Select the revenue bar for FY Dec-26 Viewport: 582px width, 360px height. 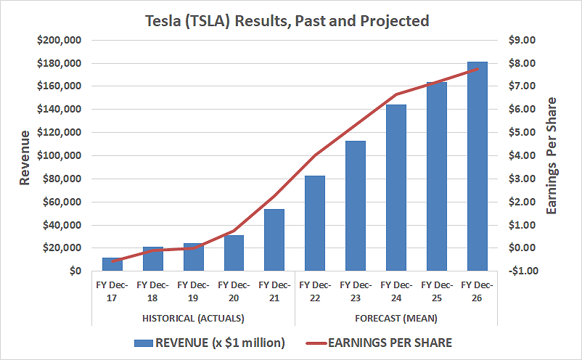477,166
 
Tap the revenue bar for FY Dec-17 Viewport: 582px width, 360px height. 112,264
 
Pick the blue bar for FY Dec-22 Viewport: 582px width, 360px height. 315,223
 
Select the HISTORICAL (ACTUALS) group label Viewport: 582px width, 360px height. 193,318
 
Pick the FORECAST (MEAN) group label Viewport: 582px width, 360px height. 395,318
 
